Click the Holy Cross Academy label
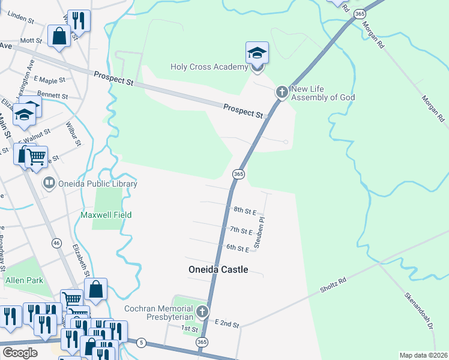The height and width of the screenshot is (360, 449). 209,67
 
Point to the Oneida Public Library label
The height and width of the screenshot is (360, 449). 97,184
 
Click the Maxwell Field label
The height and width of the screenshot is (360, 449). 106,215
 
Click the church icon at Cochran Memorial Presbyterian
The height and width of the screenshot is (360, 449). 202,312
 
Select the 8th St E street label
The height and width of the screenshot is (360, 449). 245,211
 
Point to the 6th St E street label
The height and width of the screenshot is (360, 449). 238,248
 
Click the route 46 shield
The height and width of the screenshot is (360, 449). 56,243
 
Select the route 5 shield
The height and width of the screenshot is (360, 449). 141,343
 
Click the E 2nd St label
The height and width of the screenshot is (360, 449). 227,325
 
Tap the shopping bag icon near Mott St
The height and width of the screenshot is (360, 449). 60,35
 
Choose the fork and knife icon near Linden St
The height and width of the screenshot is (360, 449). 78,20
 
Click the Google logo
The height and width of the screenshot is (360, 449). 20,352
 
